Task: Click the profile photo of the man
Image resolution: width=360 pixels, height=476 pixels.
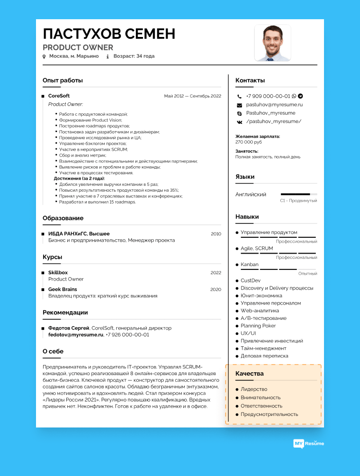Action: [272, 43]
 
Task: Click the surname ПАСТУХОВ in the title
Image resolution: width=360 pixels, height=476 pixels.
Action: [81, 34]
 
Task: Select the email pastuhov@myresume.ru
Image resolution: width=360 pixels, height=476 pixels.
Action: [274, 104]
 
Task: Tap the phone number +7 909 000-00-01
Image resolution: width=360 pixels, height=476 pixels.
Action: [268, 96]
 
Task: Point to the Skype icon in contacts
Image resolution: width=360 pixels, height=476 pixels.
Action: [240, 113]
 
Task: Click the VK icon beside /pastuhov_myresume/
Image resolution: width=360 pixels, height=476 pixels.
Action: [240, 122]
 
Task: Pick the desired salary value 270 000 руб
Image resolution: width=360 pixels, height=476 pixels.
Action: [248, 142]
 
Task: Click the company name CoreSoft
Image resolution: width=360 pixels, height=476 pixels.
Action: [59, 96]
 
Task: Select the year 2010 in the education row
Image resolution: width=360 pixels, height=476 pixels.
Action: [216, 234]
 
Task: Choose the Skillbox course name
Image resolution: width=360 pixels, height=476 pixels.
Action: [58, 273]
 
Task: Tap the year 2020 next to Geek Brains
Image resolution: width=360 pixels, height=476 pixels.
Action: [216, 290]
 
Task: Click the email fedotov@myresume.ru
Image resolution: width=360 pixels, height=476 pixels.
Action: [76, 334]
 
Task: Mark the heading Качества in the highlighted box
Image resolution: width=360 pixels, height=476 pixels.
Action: [249, 373]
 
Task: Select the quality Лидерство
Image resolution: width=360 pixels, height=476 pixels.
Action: [254, 389]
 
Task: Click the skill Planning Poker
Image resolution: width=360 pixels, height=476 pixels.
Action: [258, 326]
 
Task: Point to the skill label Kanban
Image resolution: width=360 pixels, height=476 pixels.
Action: [249, 265]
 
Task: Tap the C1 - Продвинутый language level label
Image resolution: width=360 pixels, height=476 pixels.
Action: [298, 200]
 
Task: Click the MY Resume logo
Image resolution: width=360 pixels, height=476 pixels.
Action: [309, 443]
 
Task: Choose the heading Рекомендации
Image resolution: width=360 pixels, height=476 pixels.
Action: [65, 312]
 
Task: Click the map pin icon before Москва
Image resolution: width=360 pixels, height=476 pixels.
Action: [44, 56]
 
